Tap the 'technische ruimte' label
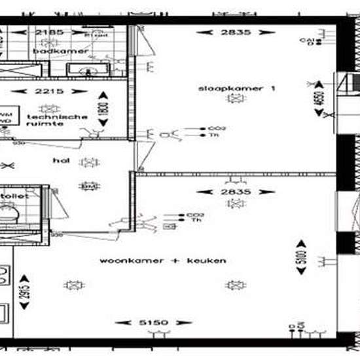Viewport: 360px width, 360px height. tap(58, 119)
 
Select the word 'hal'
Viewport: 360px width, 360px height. tap(61, 159)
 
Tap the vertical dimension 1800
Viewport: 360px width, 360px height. tap(101, 107)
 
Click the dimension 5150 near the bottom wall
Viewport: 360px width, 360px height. tap(153, 323)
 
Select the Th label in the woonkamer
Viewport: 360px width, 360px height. tap(195, 221)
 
